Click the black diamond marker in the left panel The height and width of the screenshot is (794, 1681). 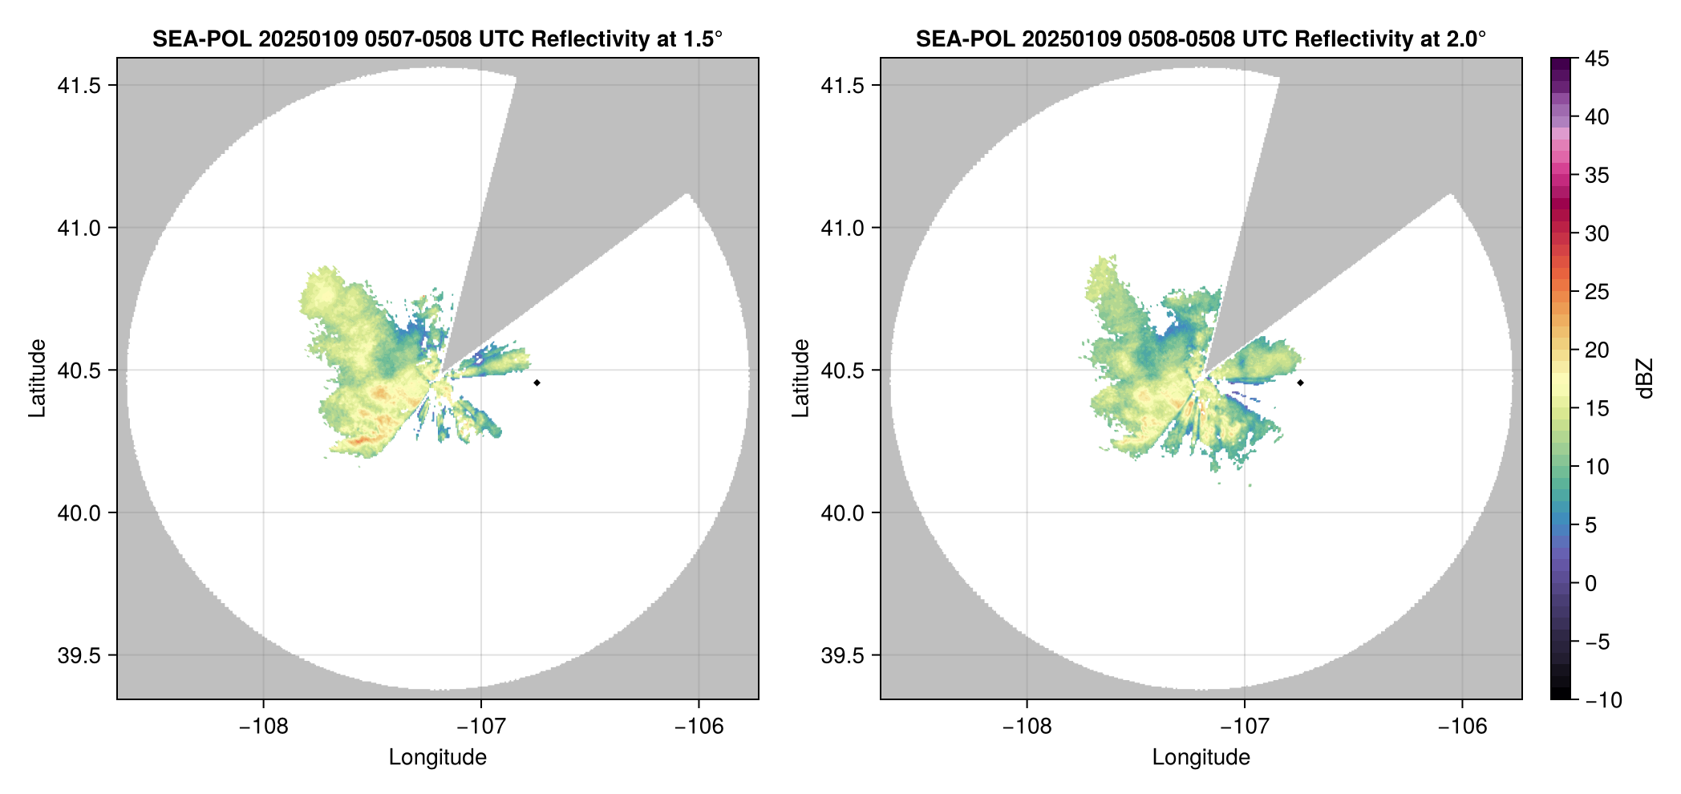pos(537,383)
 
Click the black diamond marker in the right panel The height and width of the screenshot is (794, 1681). pos(1300,383)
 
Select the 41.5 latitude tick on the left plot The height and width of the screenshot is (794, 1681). pos(79,86)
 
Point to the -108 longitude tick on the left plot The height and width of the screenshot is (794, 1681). pos(263,726)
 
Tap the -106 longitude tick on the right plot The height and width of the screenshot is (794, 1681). pos(1462,726)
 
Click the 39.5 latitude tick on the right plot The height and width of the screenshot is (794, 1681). pos(842,655)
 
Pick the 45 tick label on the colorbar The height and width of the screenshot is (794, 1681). pos(1597,59)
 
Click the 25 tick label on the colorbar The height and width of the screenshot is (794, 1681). pos(1597,292)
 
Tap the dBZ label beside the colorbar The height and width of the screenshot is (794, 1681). pos(1645,379)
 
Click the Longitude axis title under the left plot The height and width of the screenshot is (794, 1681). pos(437,757)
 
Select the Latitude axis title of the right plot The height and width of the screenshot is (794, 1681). pos(800,378)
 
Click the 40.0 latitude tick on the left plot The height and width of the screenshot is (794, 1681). pos(79,512)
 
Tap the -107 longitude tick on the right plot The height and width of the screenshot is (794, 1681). pos(1244,726)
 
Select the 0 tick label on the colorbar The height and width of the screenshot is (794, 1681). pos(1591,583)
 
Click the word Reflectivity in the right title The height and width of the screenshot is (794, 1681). pos(1348,38)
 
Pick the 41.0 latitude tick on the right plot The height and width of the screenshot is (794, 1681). pos(842,228)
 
